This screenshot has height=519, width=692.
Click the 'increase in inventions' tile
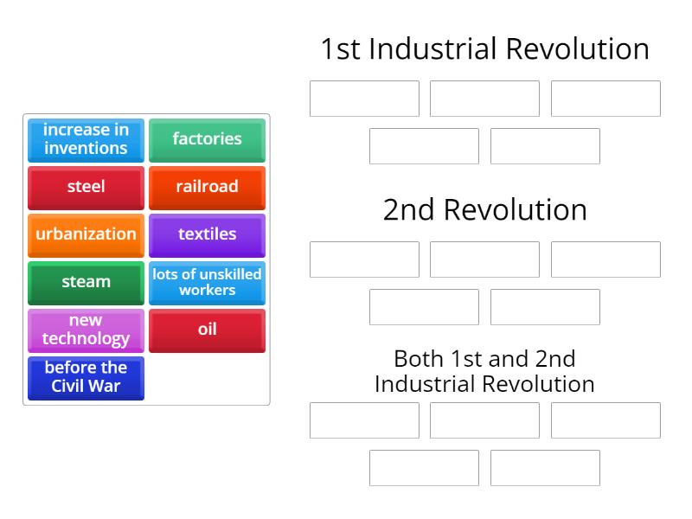(86, 139)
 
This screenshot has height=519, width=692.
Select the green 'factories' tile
(207, 139)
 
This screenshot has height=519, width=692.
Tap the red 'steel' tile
(86, 187)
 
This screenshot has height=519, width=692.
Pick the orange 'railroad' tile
(207, 187)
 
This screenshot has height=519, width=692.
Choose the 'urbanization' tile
(86, 234)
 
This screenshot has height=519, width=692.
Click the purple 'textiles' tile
(207, 234)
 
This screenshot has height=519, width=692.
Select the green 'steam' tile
(86, 282)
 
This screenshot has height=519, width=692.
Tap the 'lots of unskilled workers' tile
(207, 282)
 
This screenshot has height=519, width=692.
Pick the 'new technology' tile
(86, 330)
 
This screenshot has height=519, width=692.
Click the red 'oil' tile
(207, 330)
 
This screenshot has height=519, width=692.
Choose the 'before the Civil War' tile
(86, 377)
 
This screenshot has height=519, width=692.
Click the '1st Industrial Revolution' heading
(484, 48)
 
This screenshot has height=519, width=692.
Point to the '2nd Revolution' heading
(484, 209)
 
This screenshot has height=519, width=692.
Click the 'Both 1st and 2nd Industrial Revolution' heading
(484, 371)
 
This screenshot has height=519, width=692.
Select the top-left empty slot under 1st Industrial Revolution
(364, 99)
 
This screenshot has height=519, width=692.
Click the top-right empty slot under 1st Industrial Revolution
(605, 99)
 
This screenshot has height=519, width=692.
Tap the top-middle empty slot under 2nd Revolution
(484, 259)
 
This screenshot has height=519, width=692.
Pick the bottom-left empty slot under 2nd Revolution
(424, 307)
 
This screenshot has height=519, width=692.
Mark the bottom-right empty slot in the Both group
(545, 468)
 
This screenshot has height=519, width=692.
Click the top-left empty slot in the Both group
(364, 420)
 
